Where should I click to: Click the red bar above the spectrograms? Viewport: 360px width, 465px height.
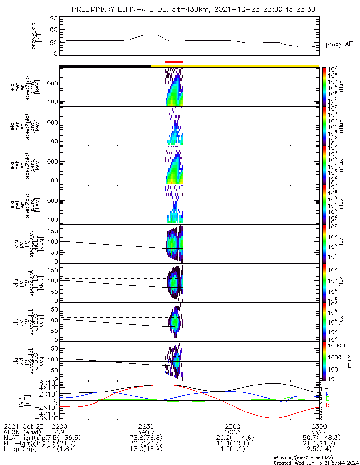(174, 61)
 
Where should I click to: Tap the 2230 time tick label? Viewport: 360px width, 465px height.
(146, 426)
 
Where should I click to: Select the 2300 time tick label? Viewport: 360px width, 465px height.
(232, 426)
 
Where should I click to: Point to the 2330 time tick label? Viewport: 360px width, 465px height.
(319, 426)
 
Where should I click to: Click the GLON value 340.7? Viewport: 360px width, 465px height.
(146, 432)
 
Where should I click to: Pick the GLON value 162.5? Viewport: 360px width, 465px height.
(232, 432)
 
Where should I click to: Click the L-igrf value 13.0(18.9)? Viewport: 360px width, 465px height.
(146, 452)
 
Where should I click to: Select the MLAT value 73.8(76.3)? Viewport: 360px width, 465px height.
(146, 439)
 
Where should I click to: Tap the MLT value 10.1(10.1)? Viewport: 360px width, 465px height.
(232, 445)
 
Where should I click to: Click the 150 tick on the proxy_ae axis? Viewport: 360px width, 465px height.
(52, 19)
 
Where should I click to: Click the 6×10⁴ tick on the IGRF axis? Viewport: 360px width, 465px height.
(48, 383)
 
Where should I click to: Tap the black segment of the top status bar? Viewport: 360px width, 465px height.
(105, 66)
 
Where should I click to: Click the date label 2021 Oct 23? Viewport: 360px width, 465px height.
(23, 426)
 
